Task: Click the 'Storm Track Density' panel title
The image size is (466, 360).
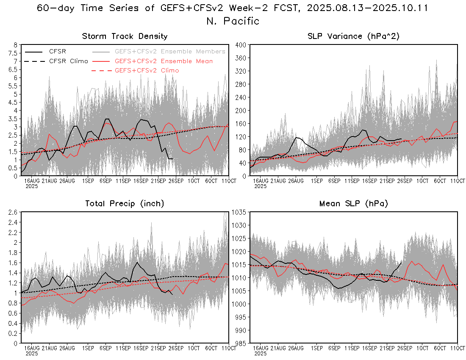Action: tap(125, 36)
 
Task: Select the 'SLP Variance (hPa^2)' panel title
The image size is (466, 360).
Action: tap(353, 36)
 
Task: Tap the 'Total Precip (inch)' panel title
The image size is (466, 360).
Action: tap(125, 204)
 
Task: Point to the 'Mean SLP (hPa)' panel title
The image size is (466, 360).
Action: tap(353, 204)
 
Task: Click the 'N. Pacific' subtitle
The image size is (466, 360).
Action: tap(233, 21)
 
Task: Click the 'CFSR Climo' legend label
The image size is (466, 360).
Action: tap(68, 61)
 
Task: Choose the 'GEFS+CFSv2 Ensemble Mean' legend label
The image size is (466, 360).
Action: tap(164, 61)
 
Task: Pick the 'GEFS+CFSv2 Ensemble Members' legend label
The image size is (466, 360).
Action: tap(170, 51)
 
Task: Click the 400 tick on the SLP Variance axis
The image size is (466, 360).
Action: tap(241, 45)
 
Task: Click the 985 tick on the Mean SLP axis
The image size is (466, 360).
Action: tap(241, 343)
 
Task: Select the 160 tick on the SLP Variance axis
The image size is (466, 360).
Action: tap(241, 124)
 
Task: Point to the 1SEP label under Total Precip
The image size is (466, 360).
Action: tap(88, 348)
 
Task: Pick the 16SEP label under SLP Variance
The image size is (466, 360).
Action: tap(369, 181)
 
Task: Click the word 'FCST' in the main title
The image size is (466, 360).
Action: tap(288, 8)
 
